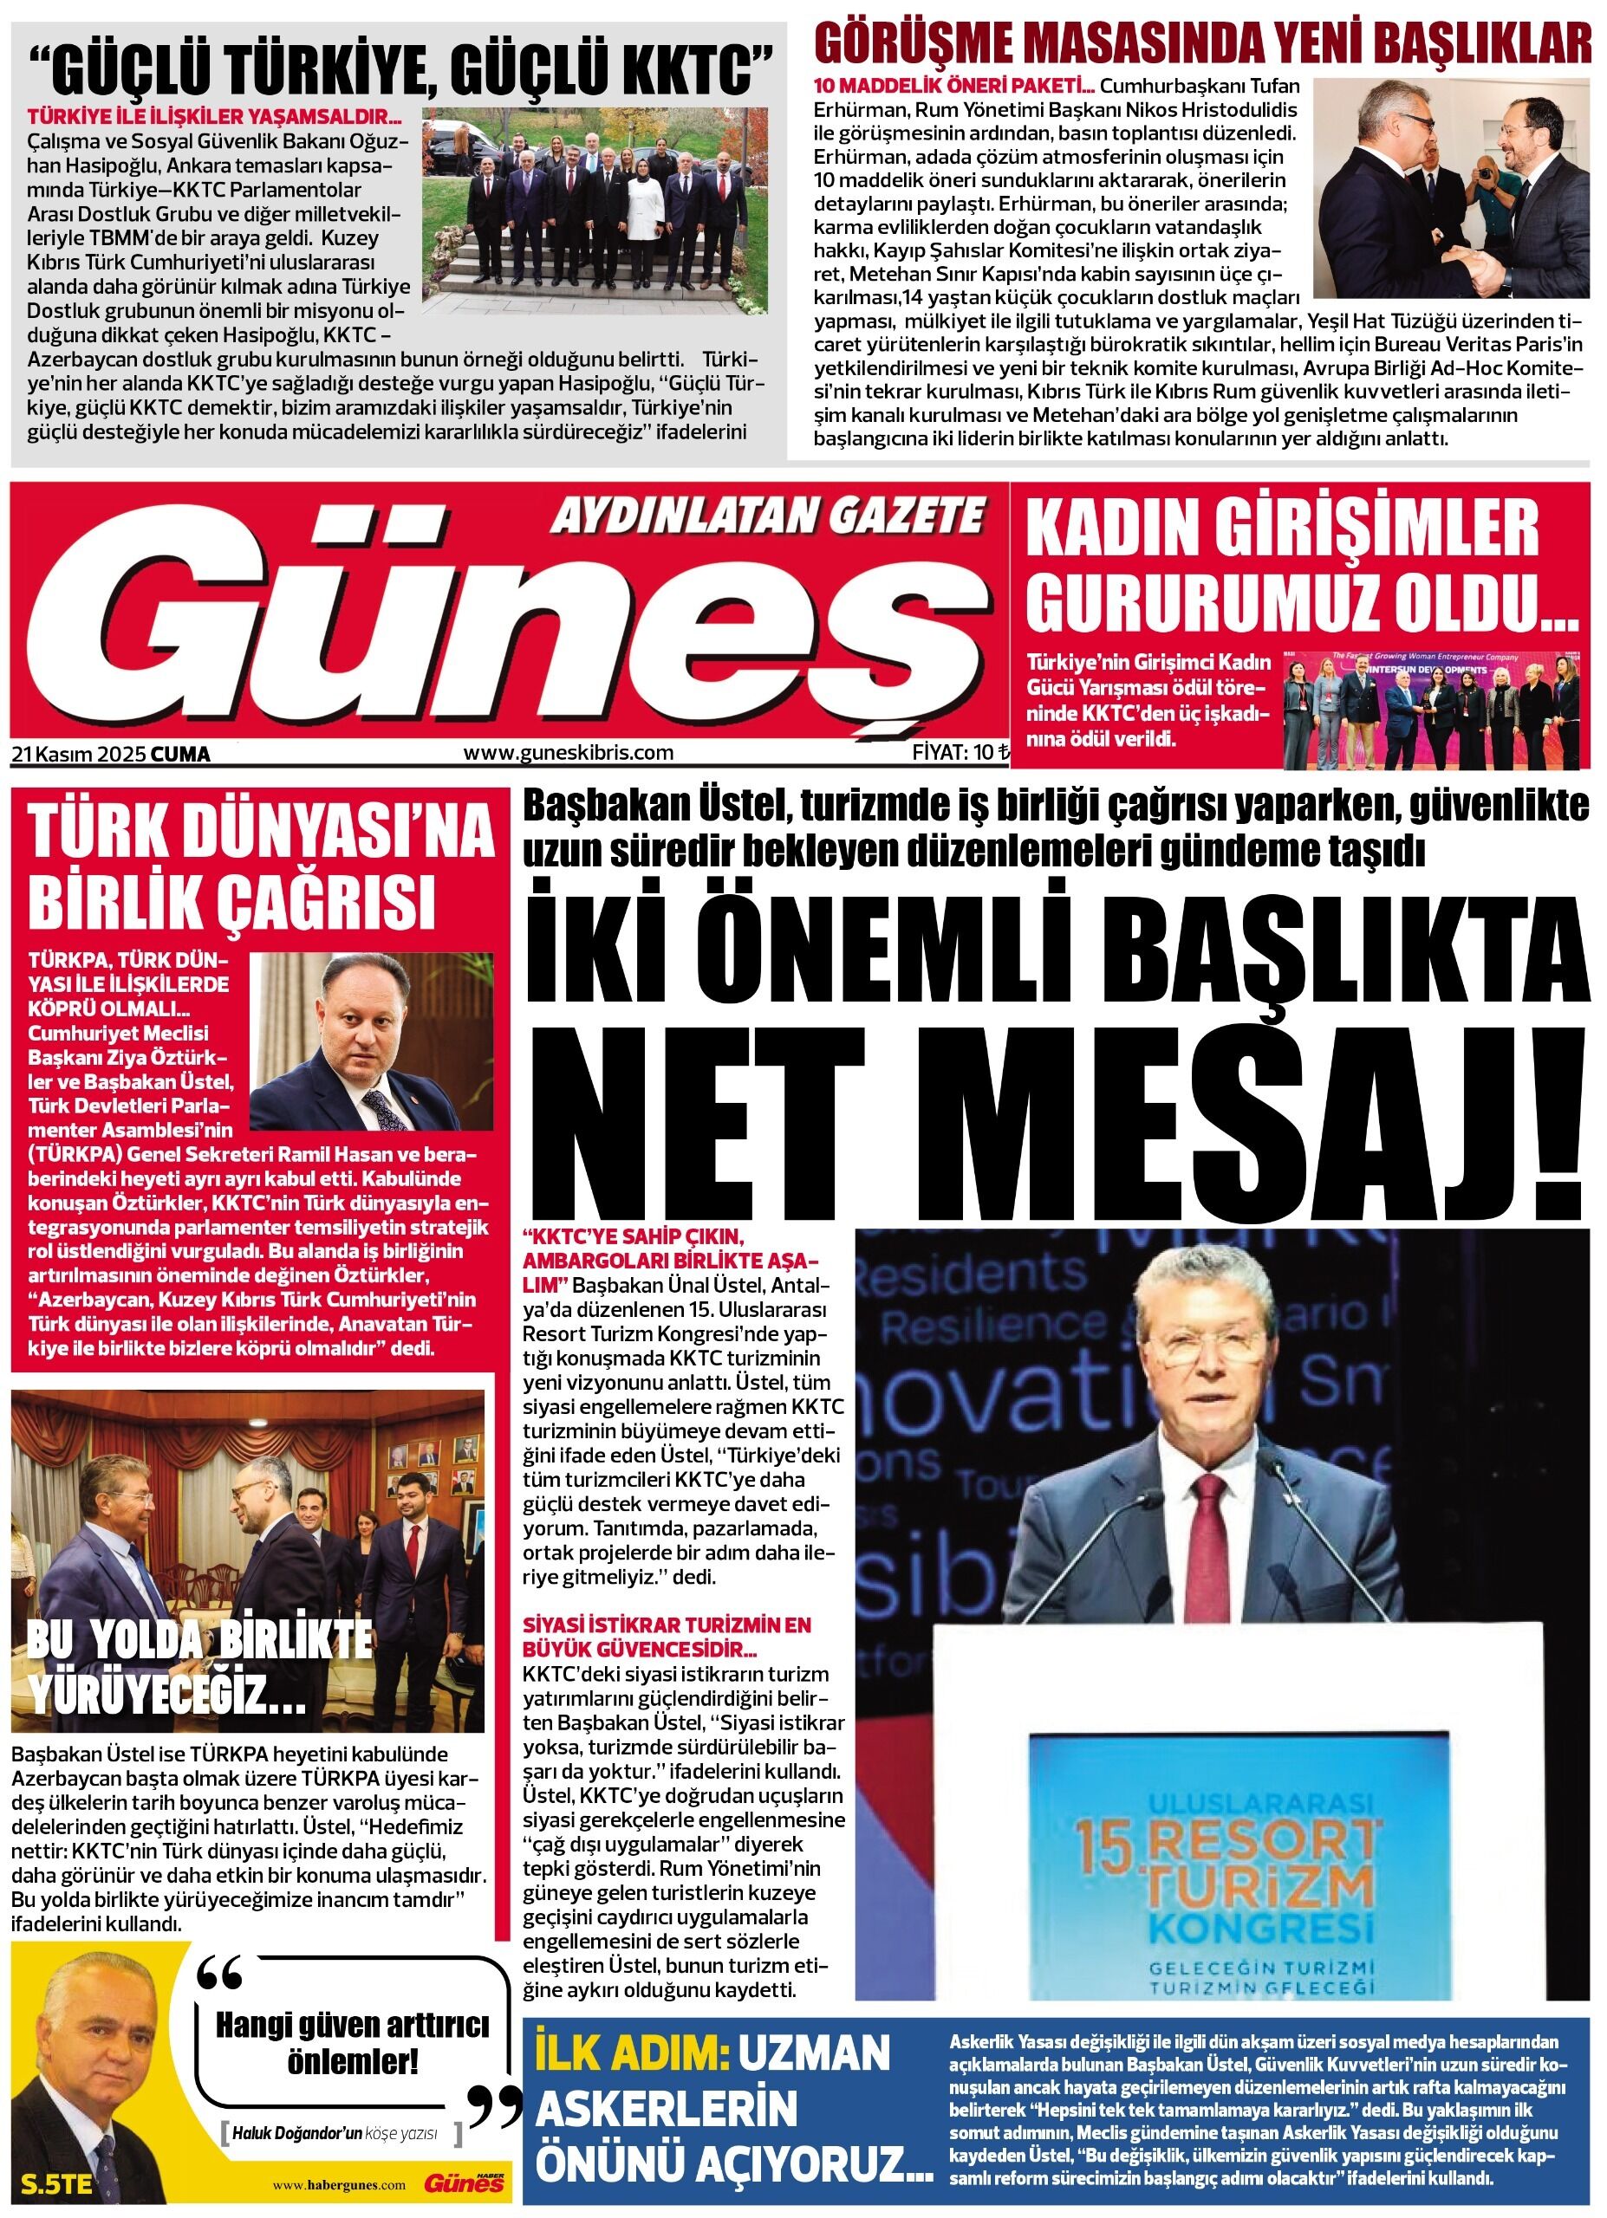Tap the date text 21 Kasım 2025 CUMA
[x=112, y=754]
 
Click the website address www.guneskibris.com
[x=569, y=753]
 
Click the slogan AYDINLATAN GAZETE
[x=768, y=515]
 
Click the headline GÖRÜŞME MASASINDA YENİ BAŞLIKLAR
[x=1203, y=44]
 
